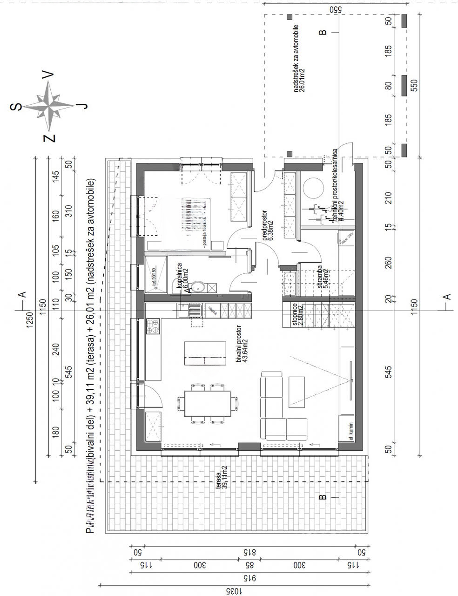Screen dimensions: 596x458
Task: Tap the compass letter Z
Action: pos(49,138)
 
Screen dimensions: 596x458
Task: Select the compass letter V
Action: pos(48,74)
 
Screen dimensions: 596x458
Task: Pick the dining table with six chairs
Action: pos(208,403)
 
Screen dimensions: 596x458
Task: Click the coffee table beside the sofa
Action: pos(297,390)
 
